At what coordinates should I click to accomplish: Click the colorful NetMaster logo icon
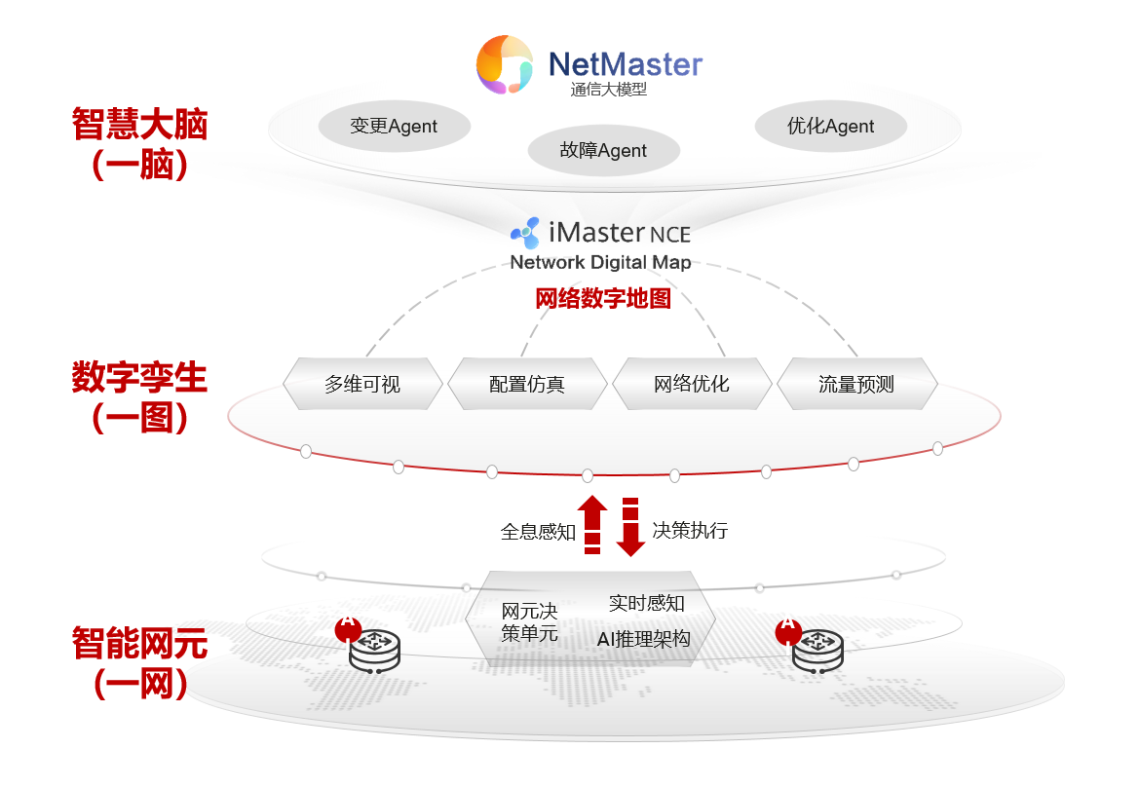505,64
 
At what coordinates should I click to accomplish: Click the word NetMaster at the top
625,65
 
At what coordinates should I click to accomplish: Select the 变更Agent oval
394,127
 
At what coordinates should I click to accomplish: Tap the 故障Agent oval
603,151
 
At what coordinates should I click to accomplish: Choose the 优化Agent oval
830,127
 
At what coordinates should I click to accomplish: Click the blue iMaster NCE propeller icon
526,233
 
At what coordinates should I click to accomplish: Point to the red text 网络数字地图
603,298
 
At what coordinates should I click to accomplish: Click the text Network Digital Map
600,262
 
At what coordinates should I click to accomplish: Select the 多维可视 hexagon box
362,384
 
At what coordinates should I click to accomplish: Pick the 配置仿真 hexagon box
527,384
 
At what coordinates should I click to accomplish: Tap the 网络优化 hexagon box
692,384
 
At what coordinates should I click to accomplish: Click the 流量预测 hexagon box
856,384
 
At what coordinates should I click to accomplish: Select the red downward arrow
630,527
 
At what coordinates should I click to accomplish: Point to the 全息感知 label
538,532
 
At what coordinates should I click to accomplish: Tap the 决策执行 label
690,531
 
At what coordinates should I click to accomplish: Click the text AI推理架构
643,639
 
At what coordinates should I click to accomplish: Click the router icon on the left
374,649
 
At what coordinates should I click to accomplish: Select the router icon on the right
817,649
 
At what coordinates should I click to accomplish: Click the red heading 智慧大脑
140,126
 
